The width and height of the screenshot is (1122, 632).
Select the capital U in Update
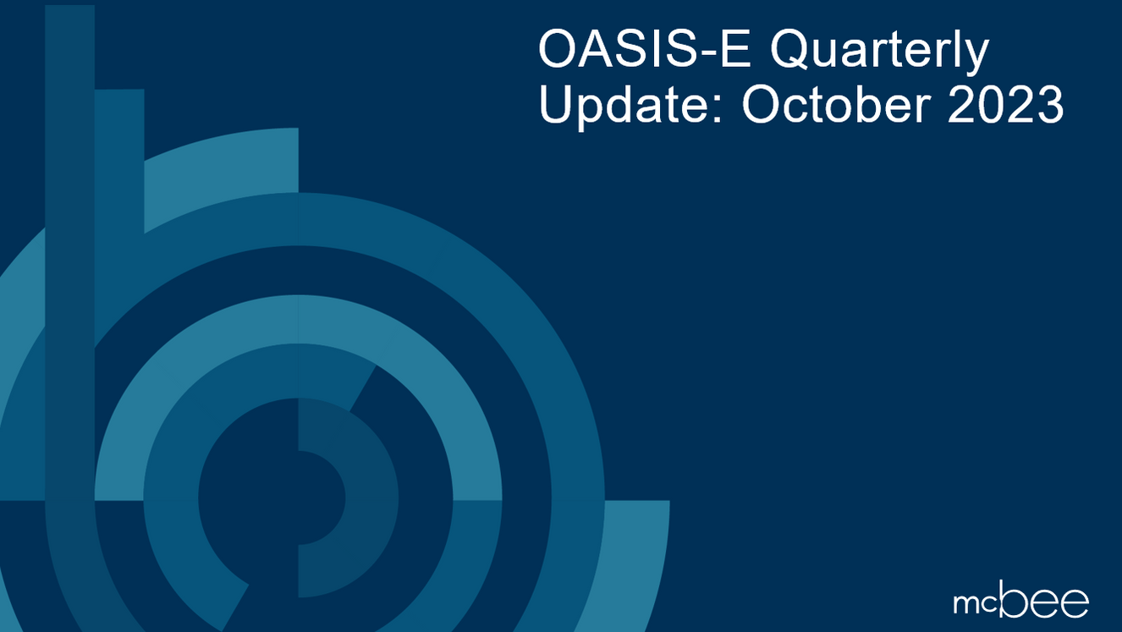coord(556,106)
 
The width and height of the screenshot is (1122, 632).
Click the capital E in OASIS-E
coord(742,53)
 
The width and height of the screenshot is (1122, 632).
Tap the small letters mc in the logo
coord(974,603)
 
